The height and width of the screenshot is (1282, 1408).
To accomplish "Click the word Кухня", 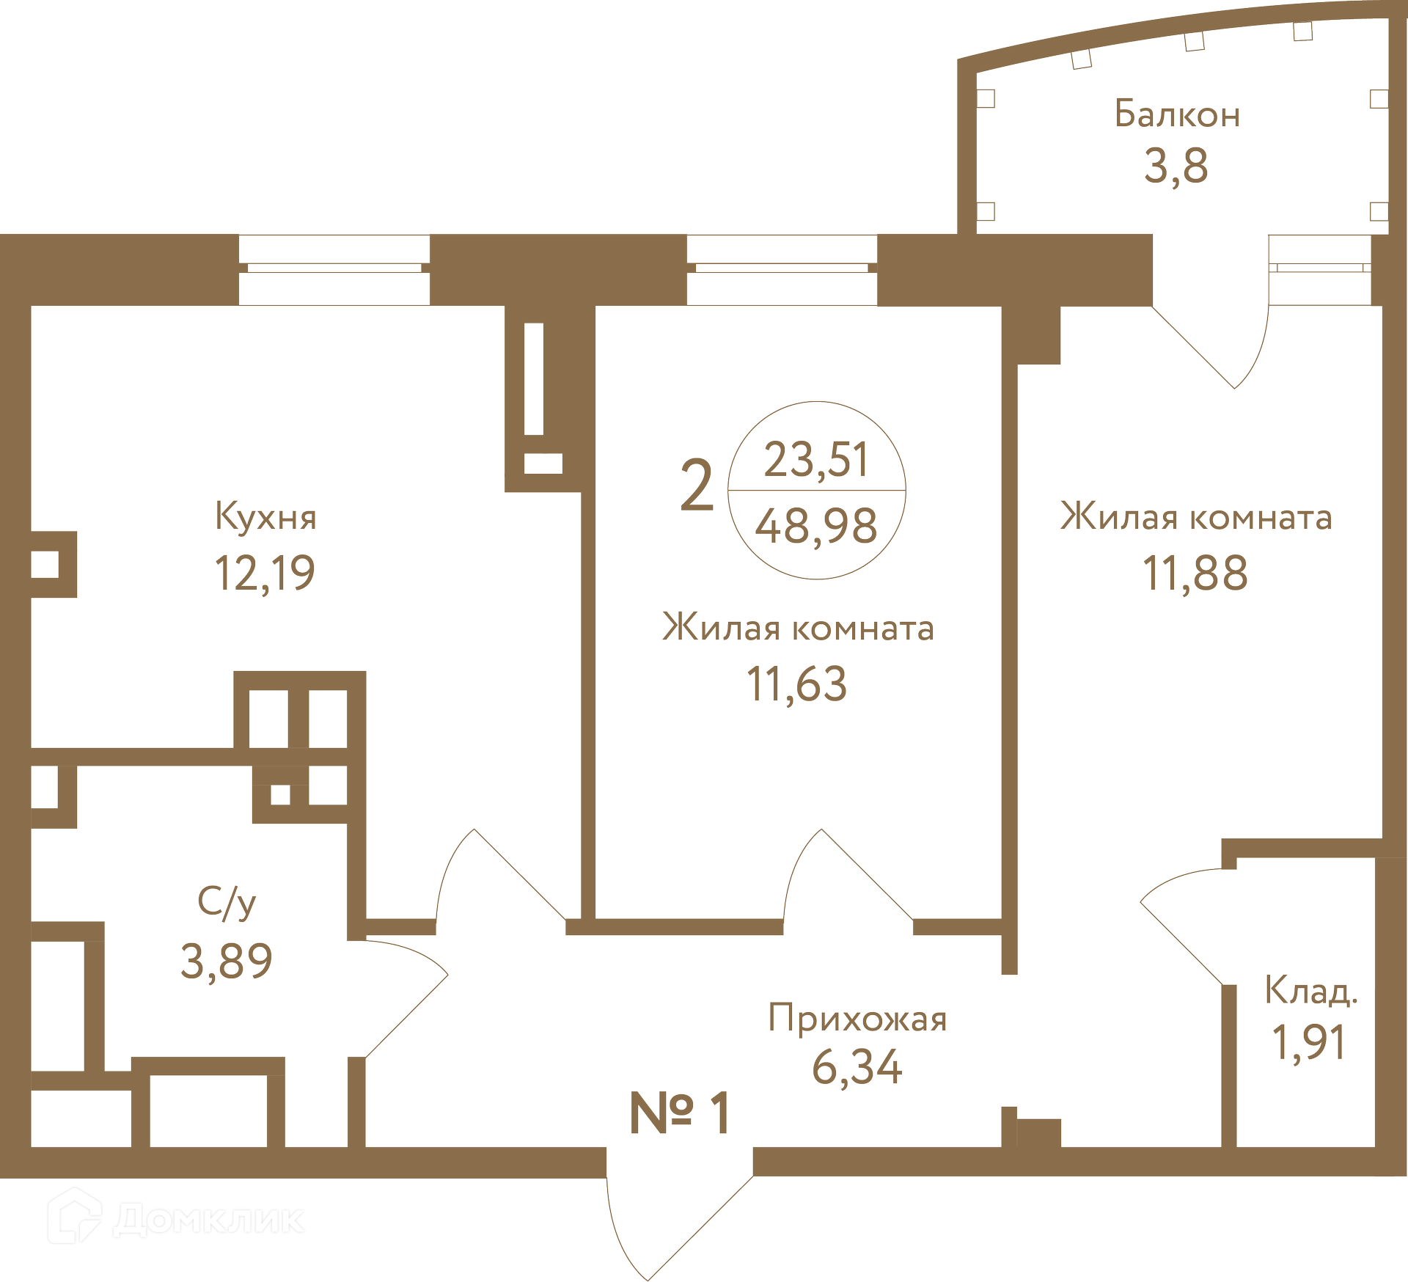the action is (x=265, y=518).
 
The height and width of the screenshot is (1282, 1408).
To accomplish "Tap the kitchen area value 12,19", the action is (x=265, y=573).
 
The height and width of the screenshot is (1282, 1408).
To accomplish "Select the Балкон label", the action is (x=1177, y=114).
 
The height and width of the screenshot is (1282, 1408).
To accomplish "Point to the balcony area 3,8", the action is (x=1176, y=166).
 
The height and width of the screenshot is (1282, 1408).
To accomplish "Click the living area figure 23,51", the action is (x=816, y=459).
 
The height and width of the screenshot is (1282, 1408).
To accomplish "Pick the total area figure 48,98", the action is (x=816, y=526).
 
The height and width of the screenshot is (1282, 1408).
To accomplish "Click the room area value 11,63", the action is (x=796, y=684).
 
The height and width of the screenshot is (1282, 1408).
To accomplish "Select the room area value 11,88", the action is (x=1195, y=573).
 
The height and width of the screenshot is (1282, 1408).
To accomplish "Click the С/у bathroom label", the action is (x=227, y=903).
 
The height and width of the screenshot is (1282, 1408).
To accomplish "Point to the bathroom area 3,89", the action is (x=227, y=961).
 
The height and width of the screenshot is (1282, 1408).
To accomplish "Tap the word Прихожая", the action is (x=857, y=1019).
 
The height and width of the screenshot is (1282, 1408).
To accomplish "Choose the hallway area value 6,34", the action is (x=857, y=1067).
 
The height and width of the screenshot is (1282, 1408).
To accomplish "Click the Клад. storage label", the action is (x=1311, y=991).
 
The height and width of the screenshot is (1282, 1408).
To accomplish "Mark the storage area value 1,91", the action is (x=1310, y=1042).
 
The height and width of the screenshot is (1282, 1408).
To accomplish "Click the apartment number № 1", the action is (x=680, y=1113).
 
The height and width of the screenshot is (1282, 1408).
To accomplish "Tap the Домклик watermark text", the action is (x=209, y=1220).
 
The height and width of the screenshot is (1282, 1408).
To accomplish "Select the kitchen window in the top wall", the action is (x=334, y=269).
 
